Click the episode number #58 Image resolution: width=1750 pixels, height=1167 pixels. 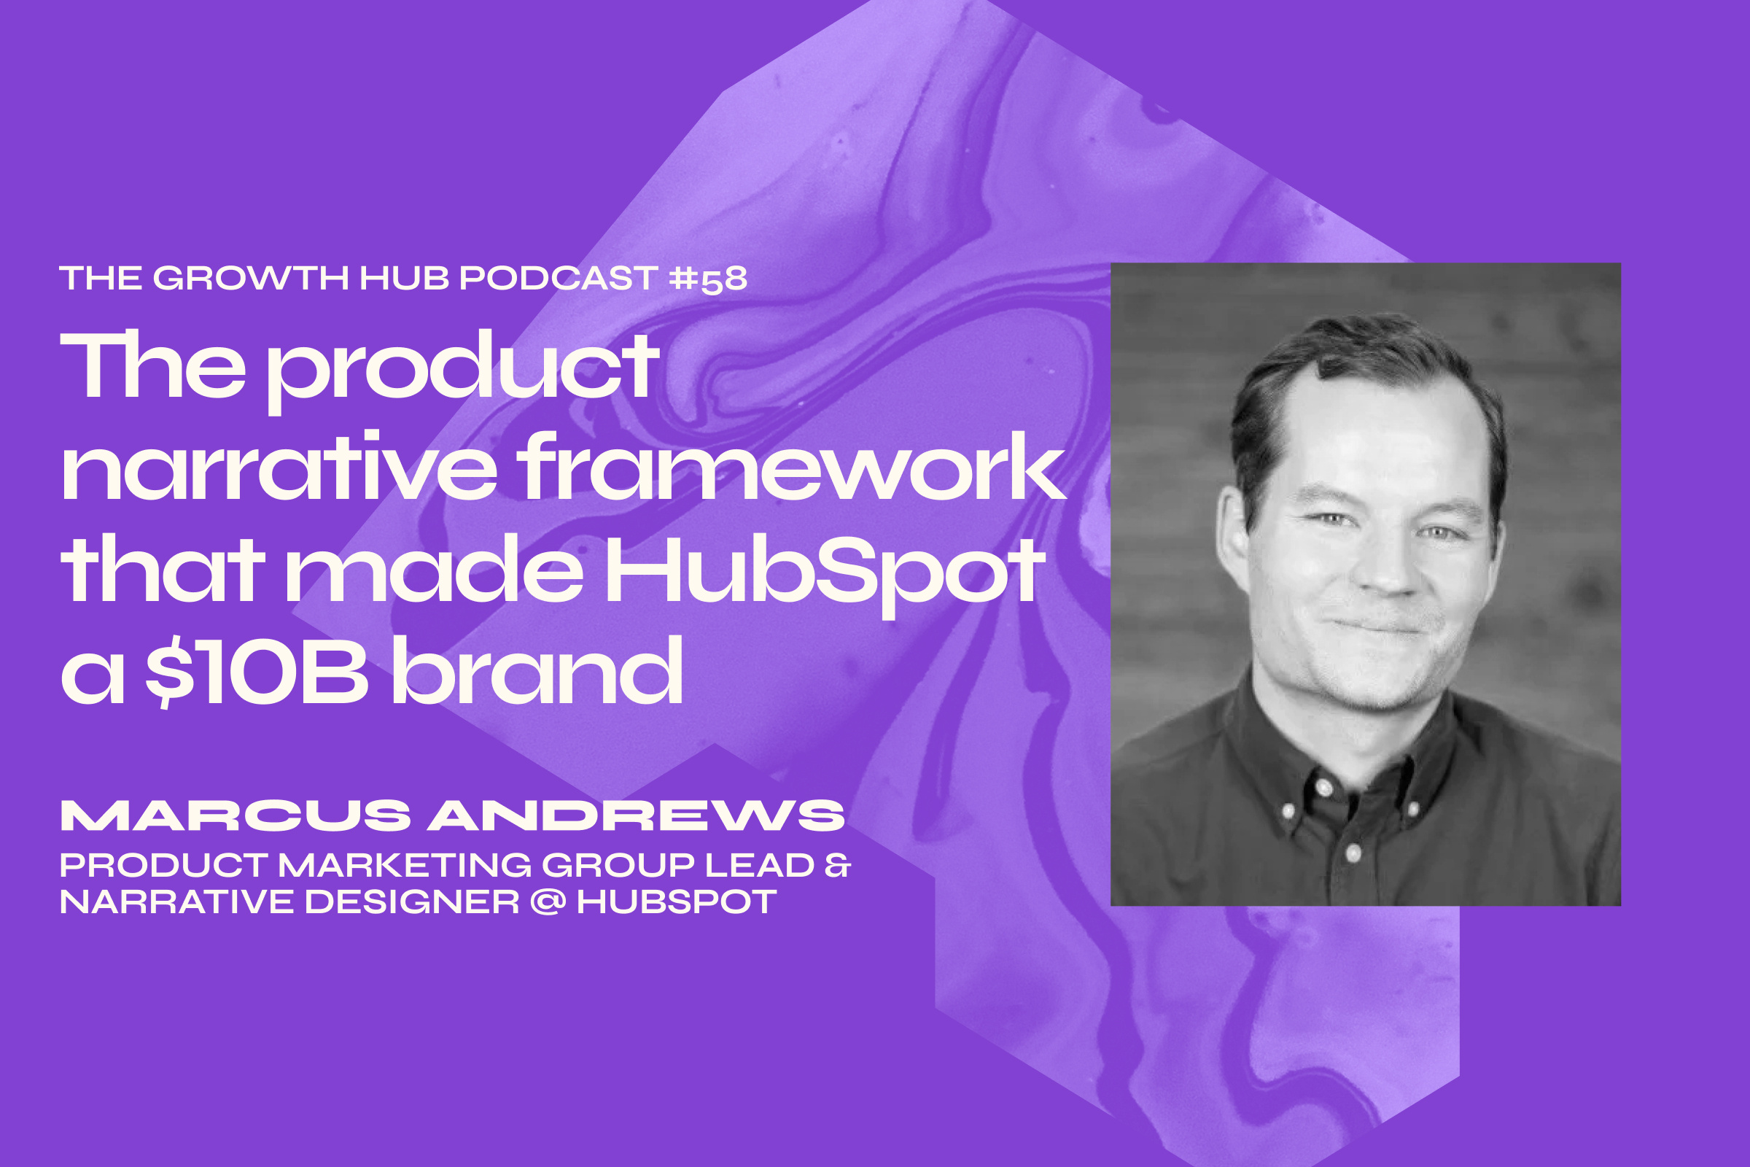707,279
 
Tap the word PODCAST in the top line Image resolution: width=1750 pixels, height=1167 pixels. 558,279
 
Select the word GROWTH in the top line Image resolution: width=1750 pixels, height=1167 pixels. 251,279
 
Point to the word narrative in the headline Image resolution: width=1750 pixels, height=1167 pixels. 279,469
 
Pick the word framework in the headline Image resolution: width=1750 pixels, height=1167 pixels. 793,469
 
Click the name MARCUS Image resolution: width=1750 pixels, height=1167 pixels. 235,816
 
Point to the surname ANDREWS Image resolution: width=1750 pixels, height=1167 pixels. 636,816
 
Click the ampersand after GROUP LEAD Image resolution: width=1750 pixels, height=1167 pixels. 837,866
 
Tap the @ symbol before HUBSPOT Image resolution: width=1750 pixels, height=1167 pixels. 548,902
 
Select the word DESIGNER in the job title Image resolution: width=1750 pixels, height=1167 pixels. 411,902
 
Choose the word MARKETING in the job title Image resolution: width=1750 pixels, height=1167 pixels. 405,866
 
